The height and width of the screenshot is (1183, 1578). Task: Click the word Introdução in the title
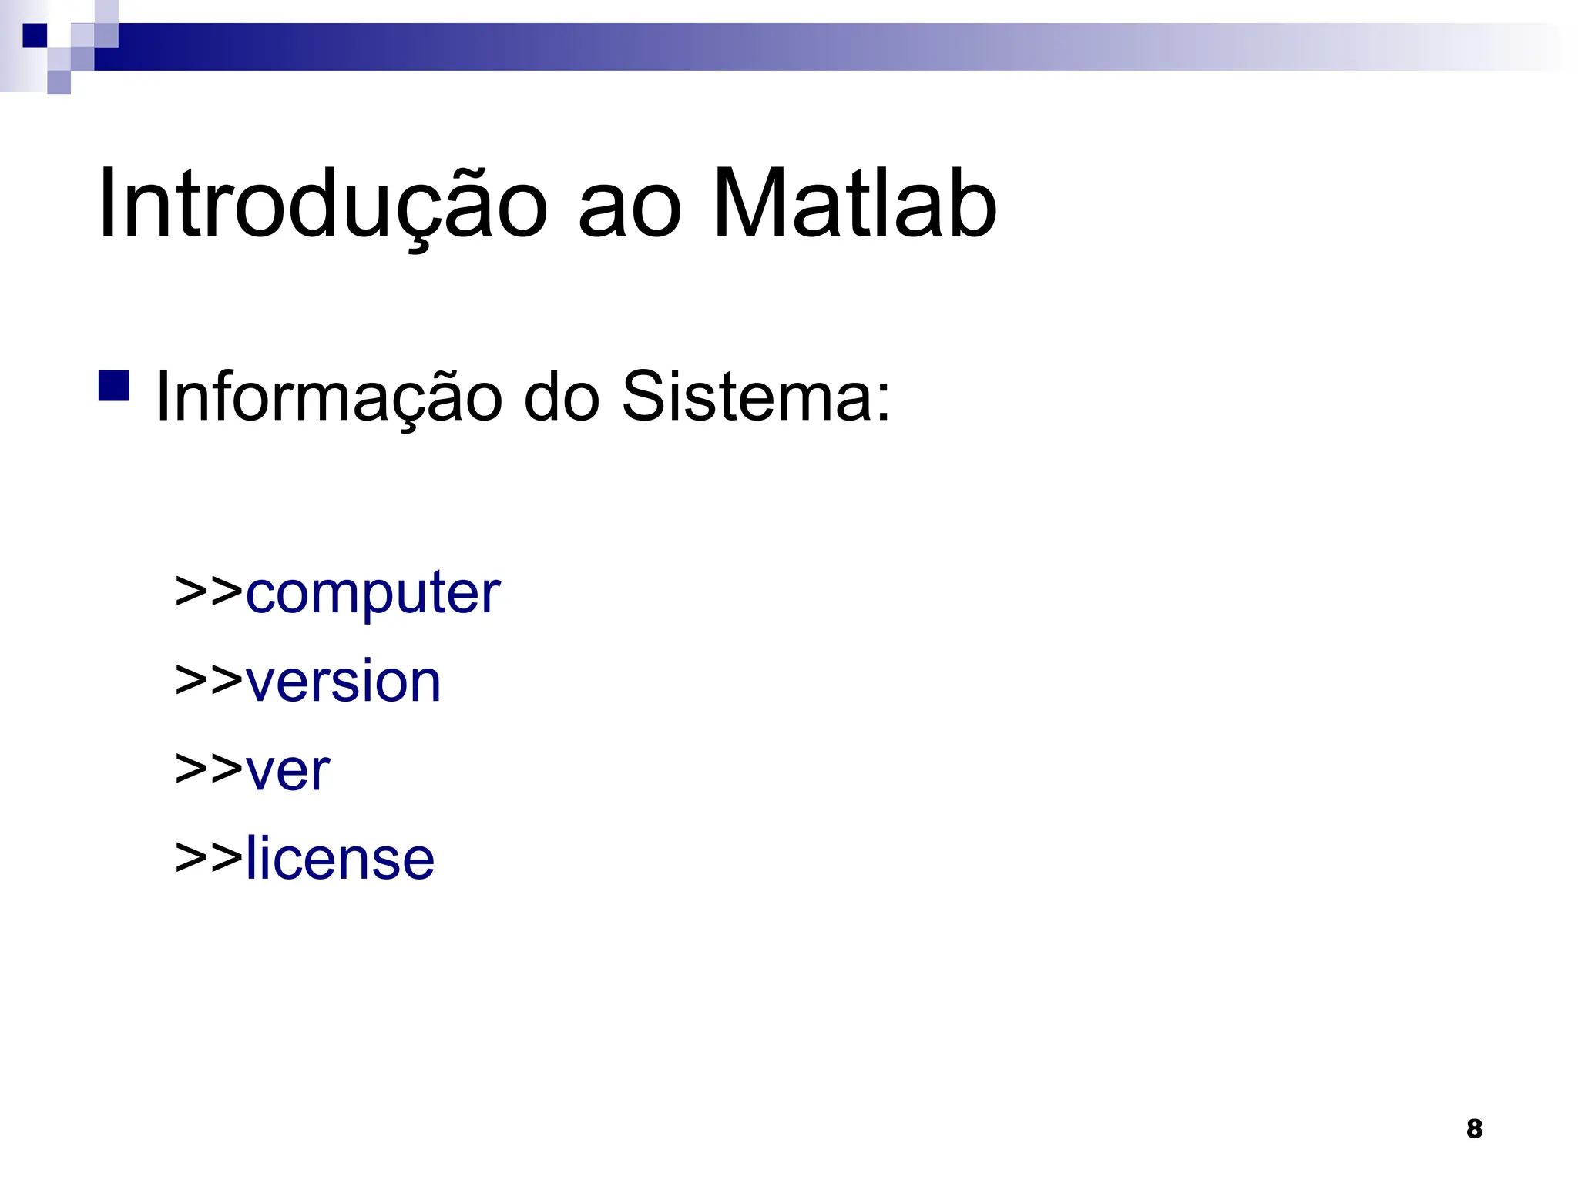(323, 204)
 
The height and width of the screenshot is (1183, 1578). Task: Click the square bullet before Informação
(114, 386)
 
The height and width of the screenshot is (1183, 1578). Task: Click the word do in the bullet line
(562, 397)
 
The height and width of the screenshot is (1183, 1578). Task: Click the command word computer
(373, 594)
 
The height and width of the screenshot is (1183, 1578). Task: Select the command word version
(344, 682)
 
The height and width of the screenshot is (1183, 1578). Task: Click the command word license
(340, 859)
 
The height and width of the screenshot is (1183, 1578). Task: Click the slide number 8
(1474, 1128)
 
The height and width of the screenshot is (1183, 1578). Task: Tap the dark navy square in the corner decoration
(35, 35)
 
